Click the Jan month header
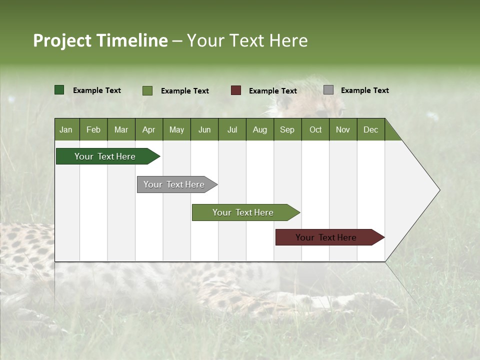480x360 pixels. coord(66,129)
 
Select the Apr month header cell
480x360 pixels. coord(149,129)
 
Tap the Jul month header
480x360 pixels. coord(232,129)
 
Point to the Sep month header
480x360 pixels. coord(287,129)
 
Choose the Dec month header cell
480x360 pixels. coord(370,129)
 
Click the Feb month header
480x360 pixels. coord(93,129)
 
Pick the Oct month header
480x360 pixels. coord(315,129)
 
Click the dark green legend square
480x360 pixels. coord(59,90)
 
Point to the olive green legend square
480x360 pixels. coord(147,90)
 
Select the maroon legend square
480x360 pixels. coord(236,90)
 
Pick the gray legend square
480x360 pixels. coord(328,90)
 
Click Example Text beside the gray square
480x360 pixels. coord(364,90)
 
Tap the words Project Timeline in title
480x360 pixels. coord(100,40)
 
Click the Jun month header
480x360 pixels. coord(204,129)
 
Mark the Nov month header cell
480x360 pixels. coord(343,129)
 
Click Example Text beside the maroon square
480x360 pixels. coord(272,91)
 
